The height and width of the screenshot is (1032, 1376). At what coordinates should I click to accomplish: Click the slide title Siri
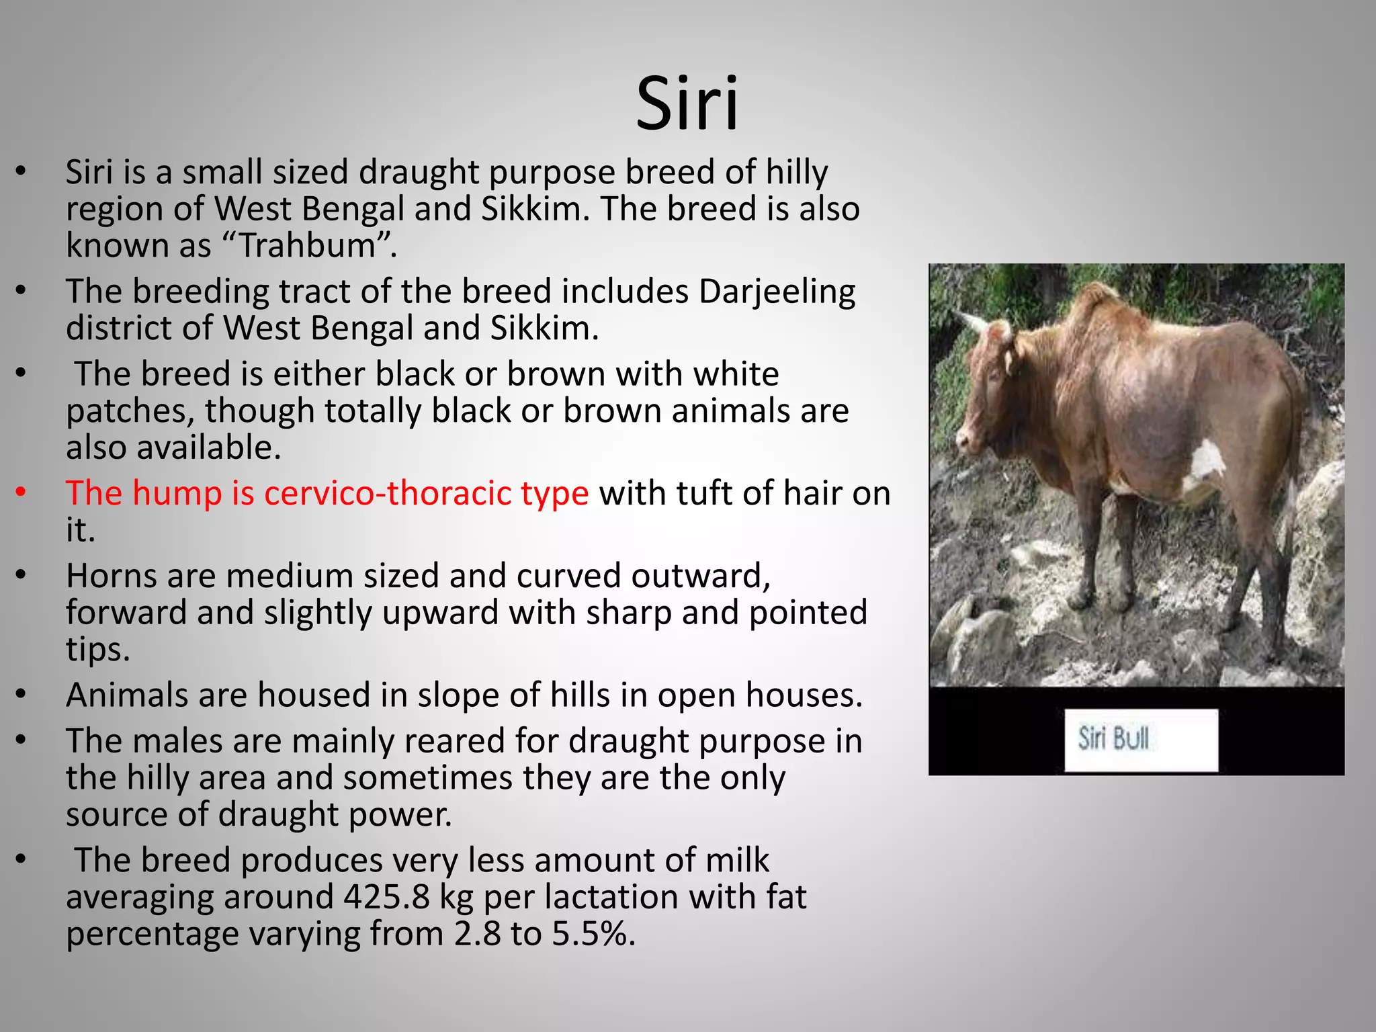687,104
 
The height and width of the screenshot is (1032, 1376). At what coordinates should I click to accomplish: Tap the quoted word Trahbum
306,246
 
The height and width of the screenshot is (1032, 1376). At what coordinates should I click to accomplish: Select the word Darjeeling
777,292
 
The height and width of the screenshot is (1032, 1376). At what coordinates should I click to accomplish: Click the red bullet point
21,493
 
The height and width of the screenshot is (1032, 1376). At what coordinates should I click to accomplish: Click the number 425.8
386,898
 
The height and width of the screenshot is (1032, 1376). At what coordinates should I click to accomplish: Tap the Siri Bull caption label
1140,739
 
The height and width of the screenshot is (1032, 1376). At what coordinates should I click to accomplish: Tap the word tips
97,650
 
